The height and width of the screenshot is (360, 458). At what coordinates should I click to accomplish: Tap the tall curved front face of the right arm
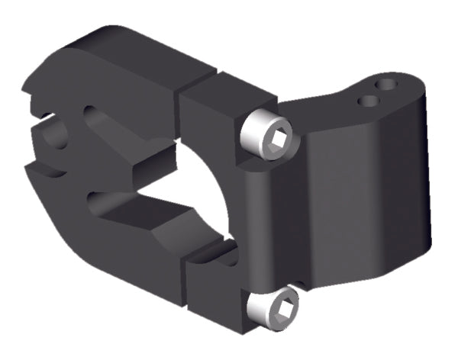click(x=351, y=198)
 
